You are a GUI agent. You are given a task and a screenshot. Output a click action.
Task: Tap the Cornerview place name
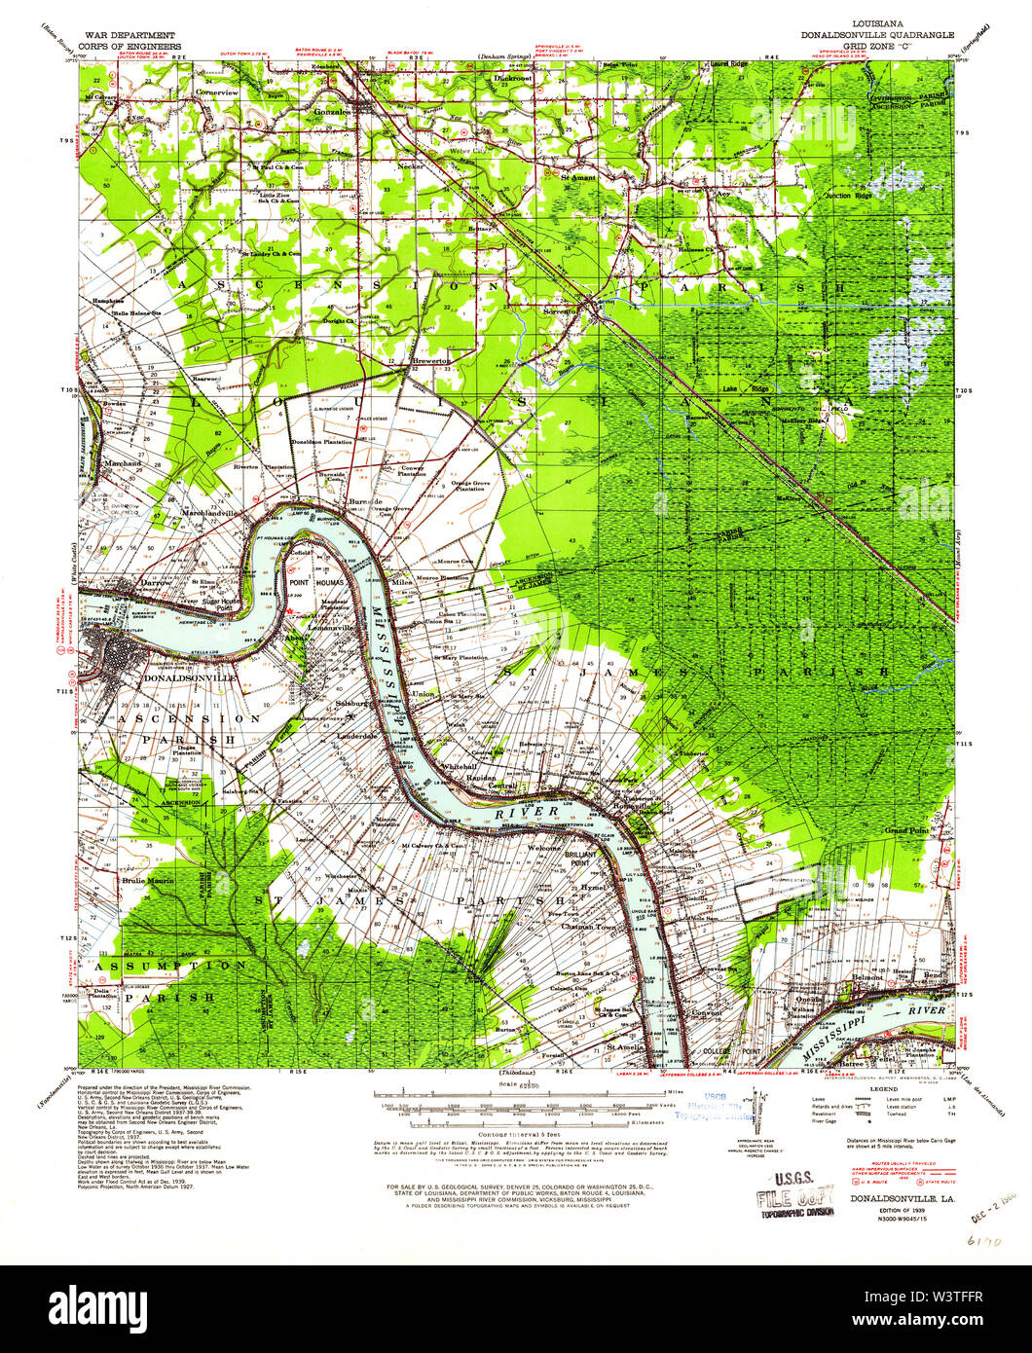pos(216,91)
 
